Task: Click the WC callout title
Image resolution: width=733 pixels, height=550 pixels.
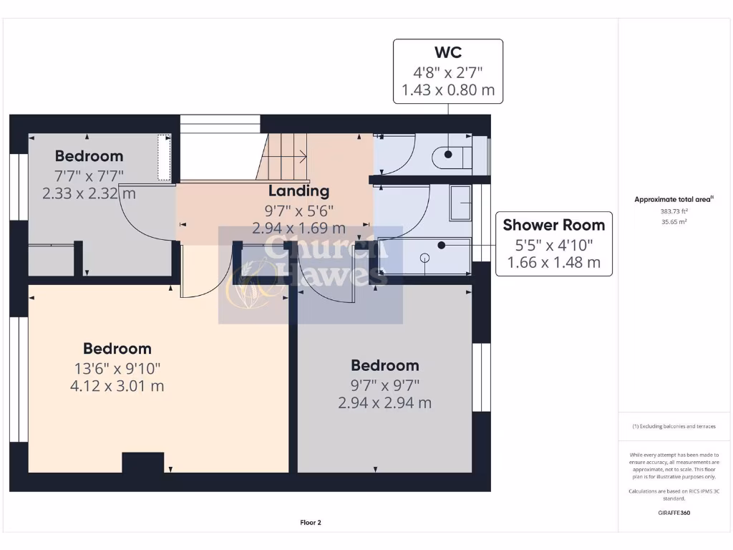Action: [447, 52]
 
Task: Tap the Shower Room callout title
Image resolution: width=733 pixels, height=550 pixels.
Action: [553, 225]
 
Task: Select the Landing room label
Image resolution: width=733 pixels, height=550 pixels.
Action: [298, 191]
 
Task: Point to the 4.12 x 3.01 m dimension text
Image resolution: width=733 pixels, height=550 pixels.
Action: [117, 386]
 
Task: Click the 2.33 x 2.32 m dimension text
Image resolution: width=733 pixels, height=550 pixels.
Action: [89, 193]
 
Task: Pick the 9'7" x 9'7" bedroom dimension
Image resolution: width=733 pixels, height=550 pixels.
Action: [384, 385]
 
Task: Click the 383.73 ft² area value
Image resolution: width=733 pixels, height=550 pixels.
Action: [673, 211]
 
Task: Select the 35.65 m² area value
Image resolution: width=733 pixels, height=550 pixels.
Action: [673, 222]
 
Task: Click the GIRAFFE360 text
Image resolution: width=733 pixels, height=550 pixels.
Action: [673, 513]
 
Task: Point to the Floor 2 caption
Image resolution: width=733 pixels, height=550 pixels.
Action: [311, 523]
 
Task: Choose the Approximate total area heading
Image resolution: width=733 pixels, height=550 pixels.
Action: [673, 200]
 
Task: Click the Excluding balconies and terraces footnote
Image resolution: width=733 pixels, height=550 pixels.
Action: [673, 426]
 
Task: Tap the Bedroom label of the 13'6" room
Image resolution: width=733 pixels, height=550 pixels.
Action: [117, 349]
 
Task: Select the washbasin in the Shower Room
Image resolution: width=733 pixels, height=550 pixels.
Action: [460, 203]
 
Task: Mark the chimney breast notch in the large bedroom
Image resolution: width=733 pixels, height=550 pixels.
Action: [143, 463]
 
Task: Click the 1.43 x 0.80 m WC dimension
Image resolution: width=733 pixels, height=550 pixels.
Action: [447, 91]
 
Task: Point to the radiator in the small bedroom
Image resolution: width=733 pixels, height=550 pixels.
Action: [164, 158]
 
